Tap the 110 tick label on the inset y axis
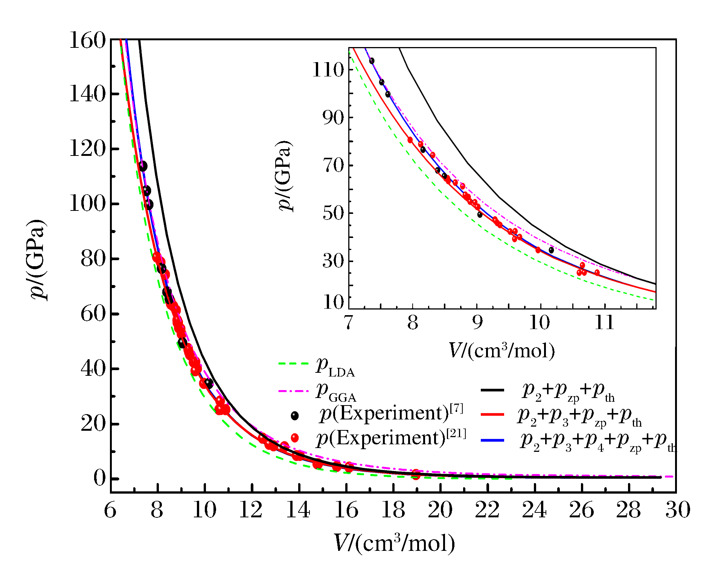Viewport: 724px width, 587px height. [x=328, y=70]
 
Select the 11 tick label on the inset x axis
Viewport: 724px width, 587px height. [x=605, y=322]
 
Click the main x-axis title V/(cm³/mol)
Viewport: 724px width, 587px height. [x=394, y=543]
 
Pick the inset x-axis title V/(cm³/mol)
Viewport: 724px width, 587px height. [x=501, y=351]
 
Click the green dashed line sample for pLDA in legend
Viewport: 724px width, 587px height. [x=293, y=364]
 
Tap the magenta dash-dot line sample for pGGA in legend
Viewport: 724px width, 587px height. [x=293, y=391]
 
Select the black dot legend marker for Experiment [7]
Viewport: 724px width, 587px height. [x=295, y=416]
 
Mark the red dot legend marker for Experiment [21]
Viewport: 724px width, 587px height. [x=295, y=438]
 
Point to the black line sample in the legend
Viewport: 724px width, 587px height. [x=492, y=390]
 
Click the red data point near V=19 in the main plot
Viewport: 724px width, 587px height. [x=416, y=474]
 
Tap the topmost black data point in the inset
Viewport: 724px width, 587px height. [x=372, y=61]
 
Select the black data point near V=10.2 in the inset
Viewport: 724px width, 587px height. [x=551, y=250]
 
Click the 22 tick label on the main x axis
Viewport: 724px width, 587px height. [x=487, y=510]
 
